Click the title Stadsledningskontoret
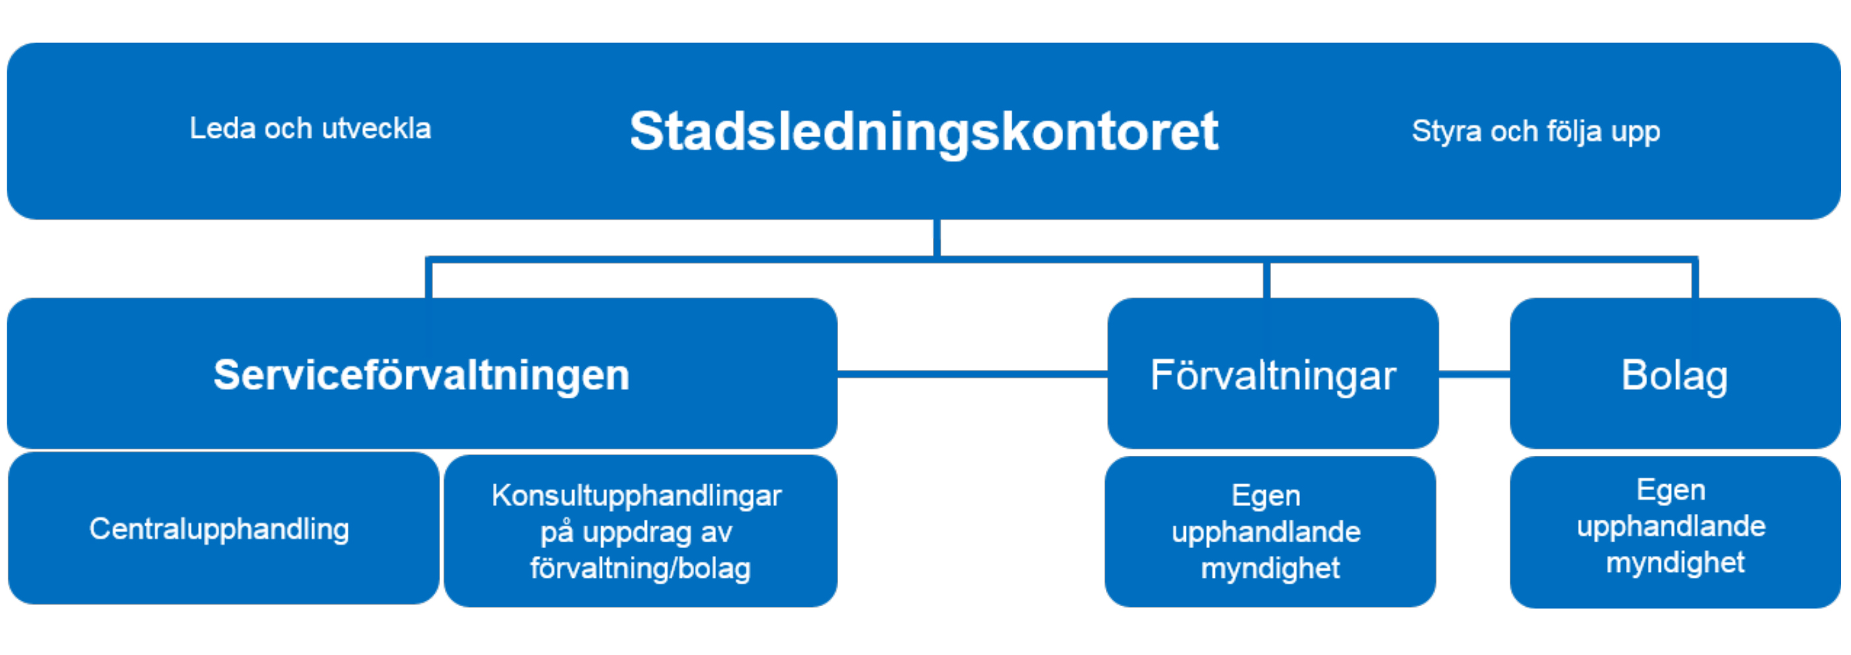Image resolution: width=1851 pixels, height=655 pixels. (924, 132)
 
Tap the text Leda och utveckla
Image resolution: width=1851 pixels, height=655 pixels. (310, 129)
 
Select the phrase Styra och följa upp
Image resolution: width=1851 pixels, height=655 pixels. (1536, 132)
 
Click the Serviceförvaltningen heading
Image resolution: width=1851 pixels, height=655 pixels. (422, 375)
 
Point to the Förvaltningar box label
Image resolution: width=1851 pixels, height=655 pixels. (1274, 375)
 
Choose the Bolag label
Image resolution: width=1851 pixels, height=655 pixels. (1675, 375)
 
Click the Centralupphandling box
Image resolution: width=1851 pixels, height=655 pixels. (224, 528)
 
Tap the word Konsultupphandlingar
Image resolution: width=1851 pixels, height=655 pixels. (637, 495)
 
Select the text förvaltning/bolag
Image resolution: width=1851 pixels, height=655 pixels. (640, 569)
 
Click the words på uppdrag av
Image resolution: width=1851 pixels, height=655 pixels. (637, 532)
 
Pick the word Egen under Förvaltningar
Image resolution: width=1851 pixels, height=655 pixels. (1266, 495)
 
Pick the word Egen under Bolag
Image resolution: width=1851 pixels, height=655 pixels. (1672, 490)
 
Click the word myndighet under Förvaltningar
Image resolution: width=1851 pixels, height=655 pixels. (1270, 569)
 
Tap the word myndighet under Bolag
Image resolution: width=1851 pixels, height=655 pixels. (1675, 563)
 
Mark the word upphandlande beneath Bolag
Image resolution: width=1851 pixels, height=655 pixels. (1672, 526)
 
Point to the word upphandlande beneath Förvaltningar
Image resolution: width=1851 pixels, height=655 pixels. (1266, 532)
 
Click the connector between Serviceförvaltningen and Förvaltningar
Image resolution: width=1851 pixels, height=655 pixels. (973, 373)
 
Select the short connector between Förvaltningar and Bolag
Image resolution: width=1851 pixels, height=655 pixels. (1474, 373)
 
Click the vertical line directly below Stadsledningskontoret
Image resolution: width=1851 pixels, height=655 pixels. (937, 237)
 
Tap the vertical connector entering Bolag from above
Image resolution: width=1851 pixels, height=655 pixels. (1695, 278)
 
